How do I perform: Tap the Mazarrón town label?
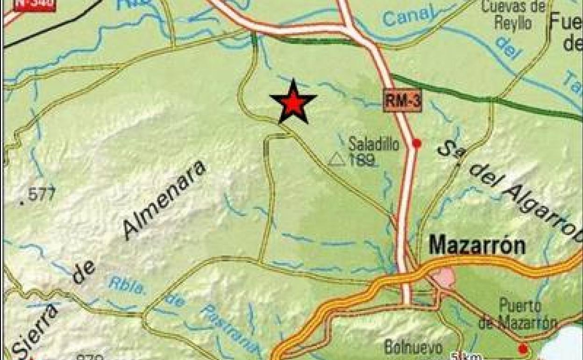[x=477, y=245]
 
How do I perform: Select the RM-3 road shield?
[x=403, y=101]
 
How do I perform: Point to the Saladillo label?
[x=374, y=144]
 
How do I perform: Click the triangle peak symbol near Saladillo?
[x=336, y=160]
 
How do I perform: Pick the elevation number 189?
[x=364, y=161]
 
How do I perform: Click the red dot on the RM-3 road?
[x=417, y=143]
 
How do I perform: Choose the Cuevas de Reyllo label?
[x=513, y=15]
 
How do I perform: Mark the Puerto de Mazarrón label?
[x=517, y=314]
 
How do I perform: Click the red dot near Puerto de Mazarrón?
[x=523, y=348]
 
